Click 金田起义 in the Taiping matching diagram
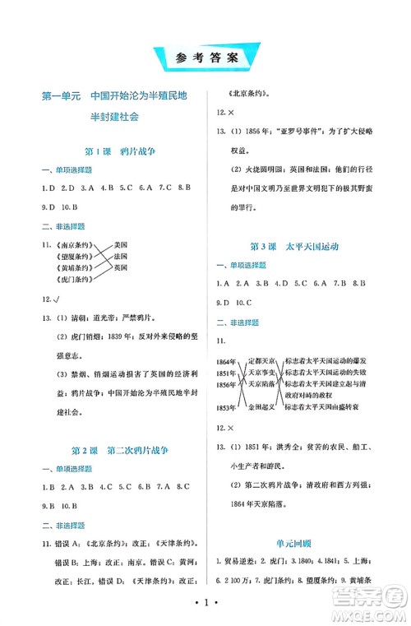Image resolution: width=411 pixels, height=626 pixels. [260, 406]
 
